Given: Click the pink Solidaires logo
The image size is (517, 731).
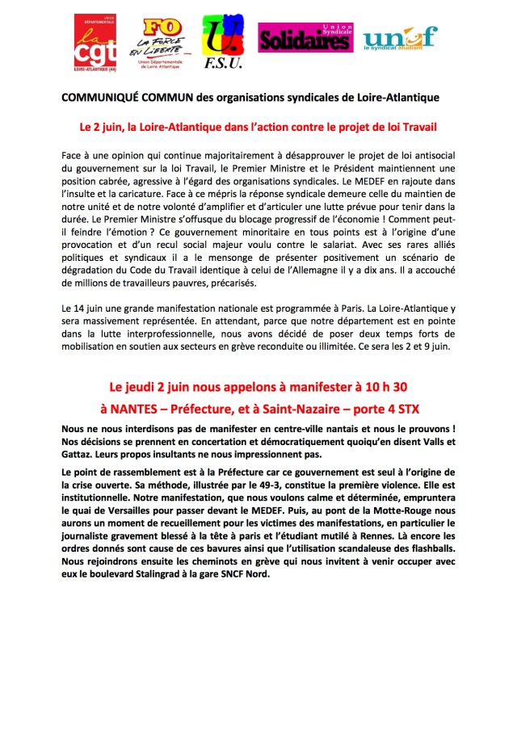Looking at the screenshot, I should point(305,37).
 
